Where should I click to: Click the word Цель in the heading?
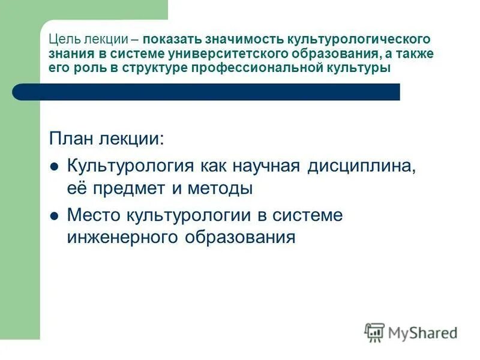point(61,39)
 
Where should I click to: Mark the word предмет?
point(133,188)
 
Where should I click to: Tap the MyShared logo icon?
point(374,332)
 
